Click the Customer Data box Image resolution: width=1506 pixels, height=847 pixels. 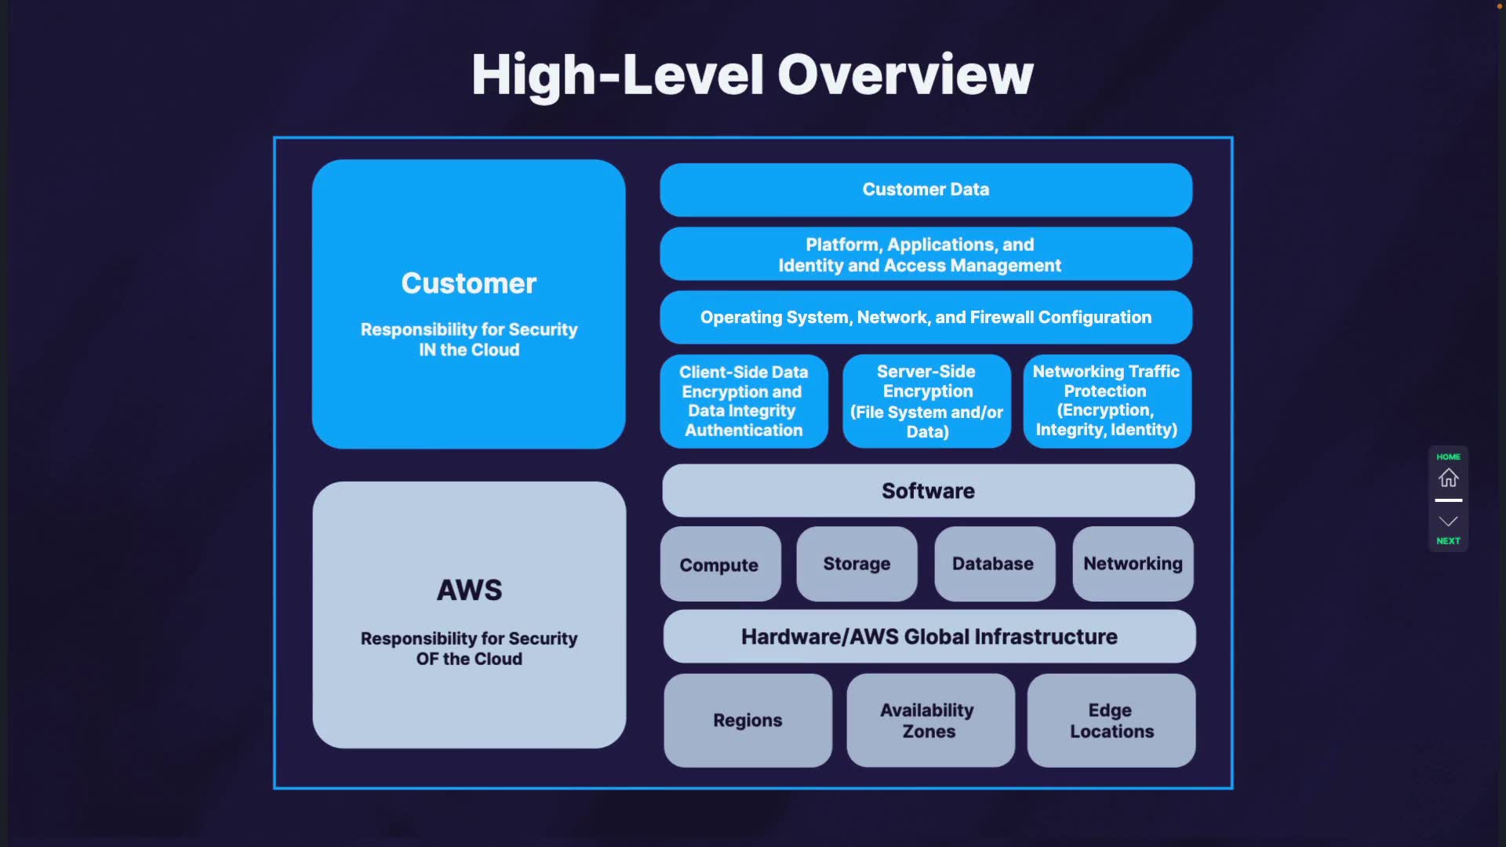pyautogui.click(x=926, y=190)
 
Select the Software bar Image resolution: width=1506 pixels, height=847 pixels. pyautogui.click(x=928, y=491)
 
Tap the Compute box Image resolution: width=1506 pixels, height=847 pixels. pyautogui.click(x=720, y=565)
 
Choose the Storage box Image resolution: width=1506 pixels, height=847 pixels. pyautogui.click(x=857, y=564)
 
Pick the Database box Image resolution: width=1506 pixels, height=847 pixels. pyautogui.click(x=994, y=564)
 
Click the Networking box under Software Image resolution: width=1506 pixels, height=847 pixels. pyautogui.click(x=1133, y=564)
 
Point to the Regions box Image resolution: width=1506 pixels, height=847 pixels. pyautogui.click(x=748, y=720)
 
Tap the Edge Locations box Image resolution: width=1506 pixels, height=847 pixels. pyautogui.click(x=1111, y=720)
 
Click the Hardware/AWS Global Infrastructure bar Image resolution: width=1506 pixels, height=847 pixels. pyautogui.click(x=929, y=637)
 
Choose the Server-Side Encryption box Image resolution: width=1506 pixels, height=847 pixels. pyautogui.click(x=926, y=402)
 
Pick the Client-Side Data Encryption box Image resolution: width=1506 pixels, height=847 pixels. pyautogui.click(x=744, y=402)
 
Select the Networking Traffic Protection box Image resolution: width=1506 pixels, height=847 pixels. pyautogui.click(x=1107, y=401)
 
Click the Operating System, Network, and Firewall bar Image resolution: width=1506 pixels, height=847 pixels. pyautogui.click(x=926, y=318)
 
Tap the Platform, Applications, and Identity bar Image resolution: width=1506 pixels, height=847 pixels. pyautogui.click(x=926, y=254)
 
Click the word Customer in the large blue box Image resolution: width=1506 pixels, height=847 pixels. pyautogui.click(x=469, y=283)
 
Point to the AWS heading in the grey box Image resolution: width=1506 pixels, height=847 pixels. pyautogui.click(x=469, y=590)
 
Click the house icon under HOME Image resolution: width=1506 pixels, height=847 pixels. pyautogui.click(x=1448, y=478)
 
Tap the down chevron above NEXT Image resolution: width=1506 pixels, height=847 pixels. pyautogui.click(x=1448, y=522)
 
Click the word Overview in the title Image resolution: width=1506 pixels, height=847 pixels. pyautogui.click(x=905, y=75)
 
